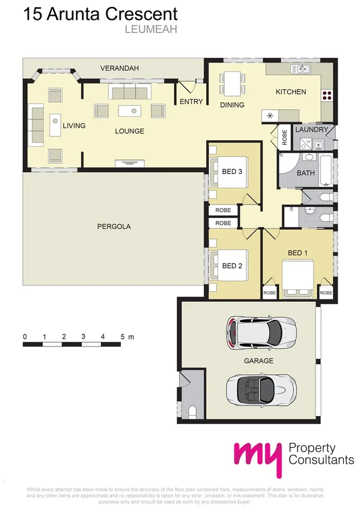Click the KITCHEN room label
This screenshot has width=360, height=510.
[x=291, y=92]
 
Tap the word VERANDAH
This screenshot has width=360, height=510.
[x=120, y=69]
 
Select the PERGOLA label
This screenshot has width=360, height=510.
[x=114, y=227]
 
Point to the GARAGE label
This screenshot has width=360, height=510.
[x=258, y=361]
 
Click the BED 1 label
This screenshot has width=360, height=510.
[x=297, y=253]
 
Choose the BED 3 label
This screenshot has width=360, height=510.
[x=232, y=171]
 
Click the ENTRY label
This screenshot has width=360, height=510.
[x=191, y=102]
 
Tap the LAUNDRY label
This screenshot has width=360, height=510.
[x=312, y=129]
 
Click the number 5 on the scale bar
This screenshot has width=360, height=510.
[x=123, y=336]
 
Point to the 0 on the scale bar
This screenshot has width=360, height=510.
[x=25, y=336]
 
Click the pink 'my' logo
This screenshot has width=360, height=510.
[x=257, y=459]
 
